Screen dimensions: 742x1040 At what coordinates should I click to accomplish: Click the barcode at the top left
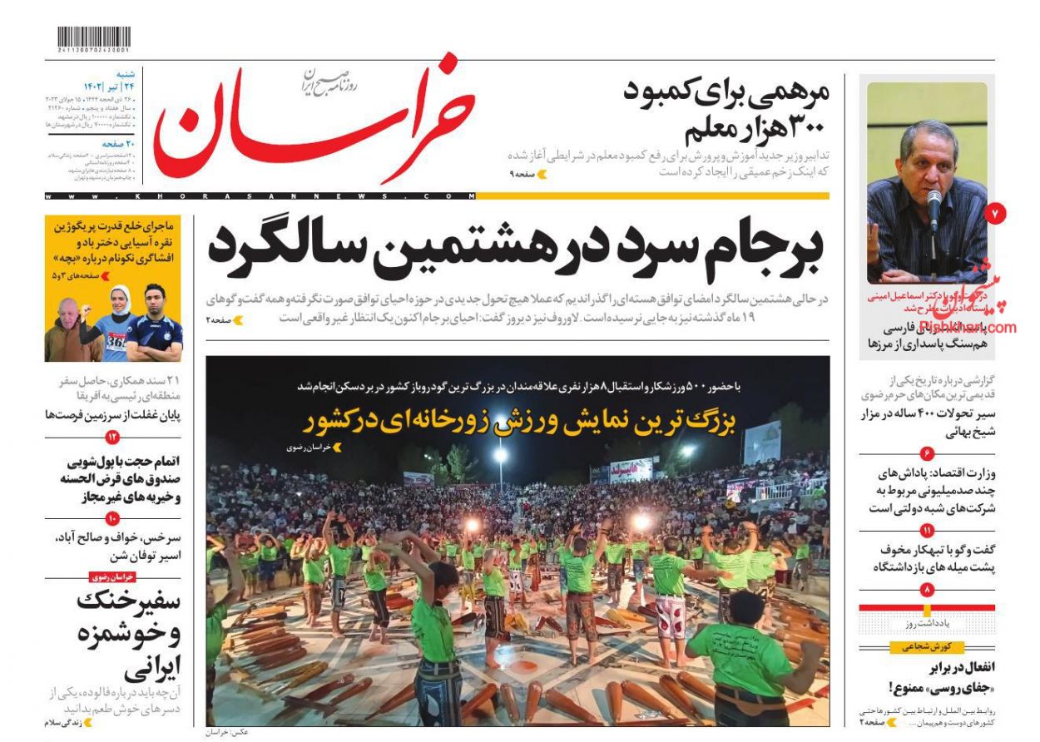click(x=94, y=37)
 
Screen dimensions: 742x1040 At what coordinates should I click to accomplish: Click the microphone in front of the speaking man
click(x=934, y=208)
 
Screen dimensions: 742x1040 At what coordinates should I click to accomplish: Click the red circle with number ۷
click(x=996, y=215)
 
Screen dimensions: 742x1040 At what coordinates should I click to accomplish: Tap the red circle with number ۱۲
click(x=111, y=438)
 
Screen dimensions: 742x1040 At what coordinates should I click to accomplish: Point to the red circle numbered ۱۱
click(x=927, y=531)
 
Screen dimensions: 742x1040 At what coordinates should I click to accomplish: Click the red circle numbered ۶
click(x=927, y=453)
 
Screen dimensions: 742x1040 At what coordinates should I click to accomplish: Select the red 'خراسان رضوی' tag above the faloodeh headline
click(x=111, y=576)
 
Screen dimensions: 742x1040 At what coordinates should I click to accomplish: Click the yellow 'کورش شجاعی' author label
click(x=927, y=647)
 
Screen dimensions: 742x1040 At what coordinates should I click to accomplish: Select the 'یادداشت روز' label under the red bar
click(x=926, y=623)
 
